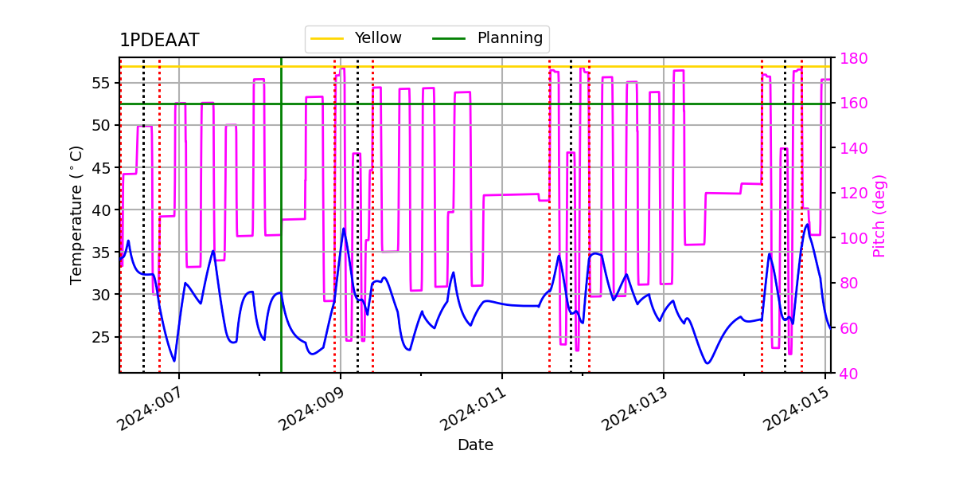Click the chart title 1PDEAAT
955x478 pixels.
(x=159, y=41)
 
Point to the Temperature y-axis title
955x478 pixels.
(x=76, y=214)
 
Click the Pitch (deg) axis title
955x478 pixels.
(x=879, y=215)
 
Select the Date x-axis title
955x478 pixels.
(x=475, y=445)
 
